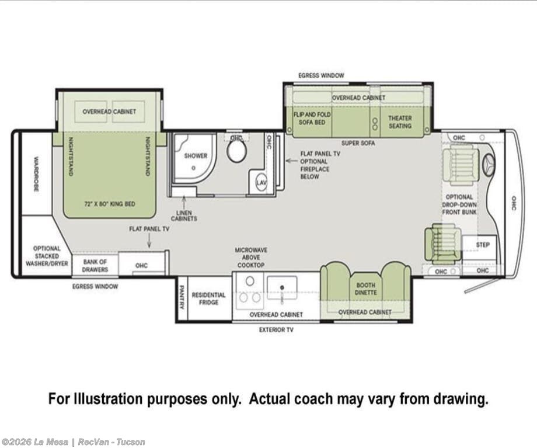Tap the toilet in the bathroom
click(237, 151)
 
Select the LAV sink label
click(261, 182)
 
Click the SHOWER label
click(196, 155)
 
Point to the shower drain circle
click(194, 168)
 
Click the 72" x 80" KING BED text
click(110, 204)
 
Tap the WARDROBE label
click(36, 174)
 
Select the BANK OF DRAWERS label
click(95, 266)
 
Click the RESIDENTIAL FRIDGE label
click(208, 298)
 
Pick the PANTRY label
click(182, 297)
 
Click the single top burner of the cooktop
click(250, 281)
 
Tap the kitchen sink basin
click(282, 287)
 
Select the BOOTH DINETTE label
click(366, 289)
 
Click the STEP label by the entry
click(483, 245)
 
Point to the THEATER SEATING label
click(400, 121)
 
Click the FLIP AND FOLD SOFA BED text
click(312, 118)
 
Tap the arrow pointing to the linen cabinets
click(184, 201)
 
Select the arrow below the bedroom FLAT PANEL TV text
click(149, 242)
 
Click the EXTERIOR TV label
click(276, 330)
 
